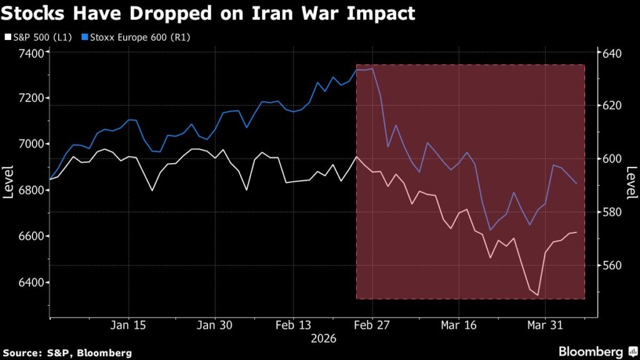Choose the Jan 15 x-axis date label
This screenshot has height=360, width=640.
click(129, 325)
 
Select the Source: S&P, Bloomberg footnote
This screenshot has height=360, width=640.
click(67, 353)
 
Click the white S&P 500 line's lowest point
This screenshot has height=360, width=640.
click(537, 295)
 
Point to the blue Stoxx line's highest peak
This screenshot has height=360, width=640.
click(372, 69)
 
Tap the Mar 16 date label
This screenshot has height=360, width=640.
click(459, 325)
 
